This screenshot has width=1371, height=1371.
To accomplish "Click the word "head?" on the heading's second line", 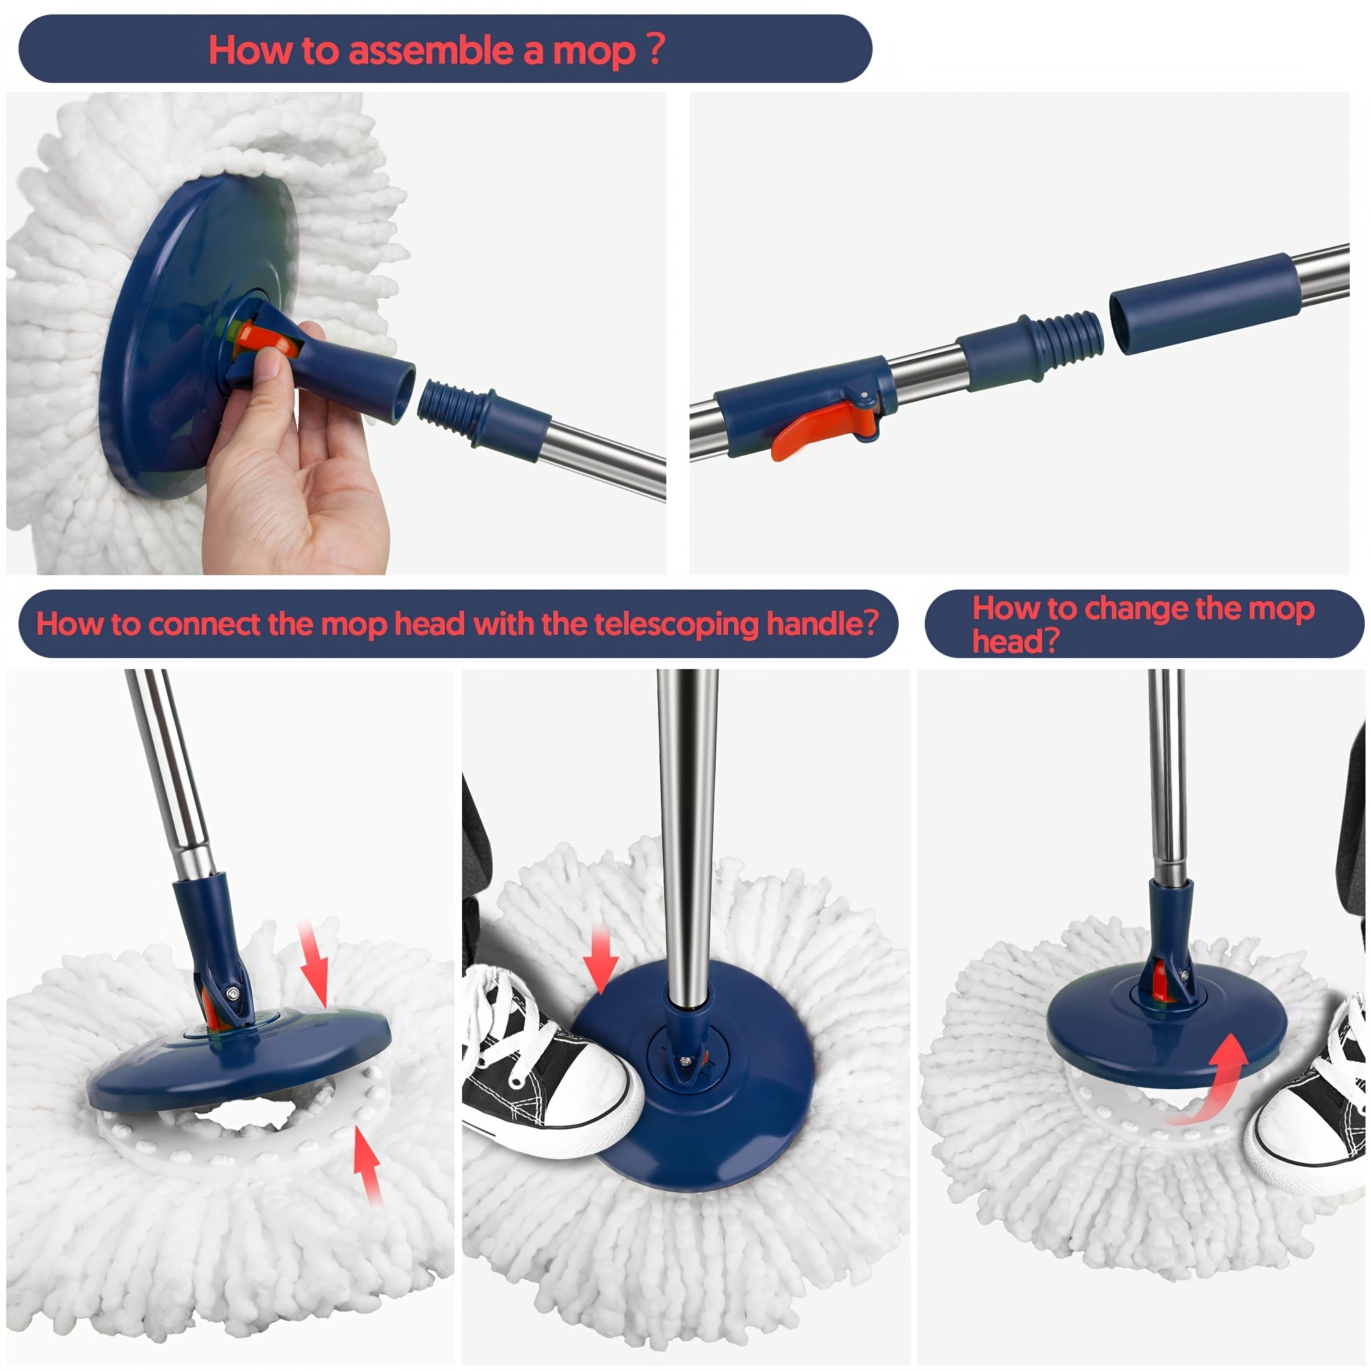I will (1015, 642).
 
